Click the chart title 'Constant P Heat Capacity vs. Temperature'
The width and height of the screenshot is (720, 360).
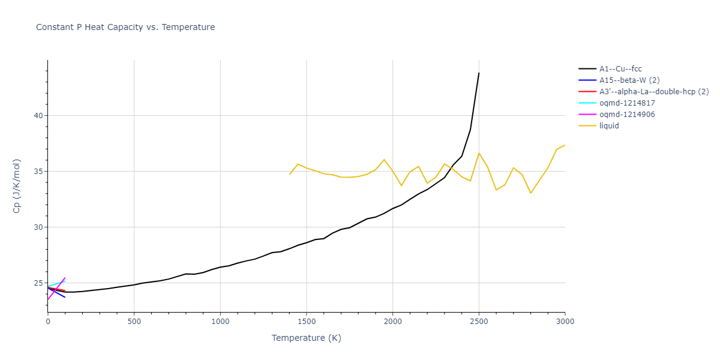click(125, 27)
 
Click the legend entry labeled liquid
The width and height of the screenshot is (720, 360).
click(609, 126)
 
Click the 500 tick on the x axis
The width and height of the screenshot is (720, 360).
click(134, 322)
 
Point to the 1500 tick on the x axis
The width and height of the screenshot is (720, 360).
click(307, 322)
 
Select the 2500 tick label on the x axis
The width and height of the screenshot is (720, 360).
click(479, 322)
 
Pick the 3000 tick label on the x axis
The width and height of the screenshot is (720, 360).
click(565, 322)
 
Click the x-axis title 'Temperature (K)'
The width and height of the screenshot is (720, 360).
click(306, 338)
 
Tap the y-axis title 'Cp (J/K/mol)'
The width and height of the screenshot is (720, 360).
click(17, 186)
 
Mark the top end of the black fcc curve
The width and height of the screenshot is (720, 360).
click(479, 73)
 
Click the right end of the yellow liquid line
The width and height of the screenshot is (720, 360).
click(565, 145)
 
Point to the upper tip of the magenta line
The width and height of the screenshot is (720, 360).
click(65, 278)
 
